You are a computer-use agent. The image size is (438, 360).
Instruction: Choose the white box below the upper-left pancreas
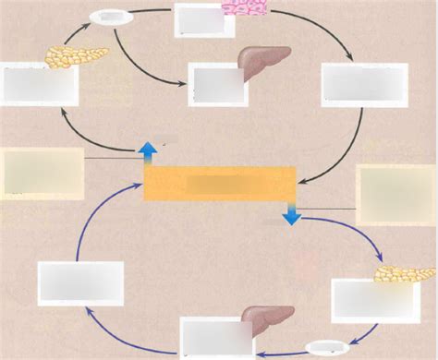click(x=40, y=85)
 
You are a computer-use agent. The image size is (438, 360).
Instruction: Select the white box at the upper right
click(x=363, y=85)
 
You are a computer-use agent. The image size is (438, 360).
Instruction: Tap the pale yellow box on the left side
click(x=43, y=173)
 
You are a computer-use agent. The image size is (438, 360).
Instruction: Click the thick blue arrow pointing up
click(x=146, y=153)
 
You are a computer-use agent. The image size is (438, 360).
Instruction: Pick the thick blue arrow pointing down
click(x=291, y=215)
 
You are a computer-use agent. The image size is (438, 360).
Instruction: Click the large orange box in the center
click(x=220, y=184)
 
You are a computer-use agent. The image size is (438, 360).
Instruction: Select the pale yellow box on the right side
click(x=395, y=194)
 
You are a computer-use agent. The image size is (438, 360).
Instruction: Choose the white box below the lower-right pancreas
click(x=362, y=301)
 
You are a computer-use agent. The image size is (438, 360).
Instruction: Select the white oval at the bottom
click(x=327, y=349)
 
